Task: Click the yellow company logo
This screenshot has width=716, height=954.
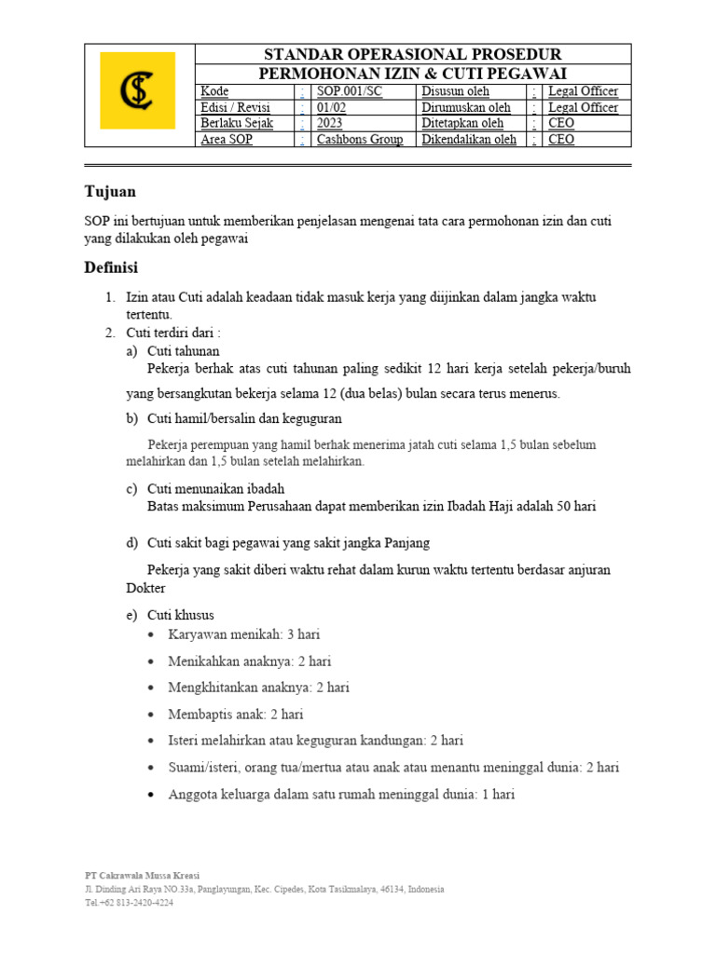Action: [138, 90]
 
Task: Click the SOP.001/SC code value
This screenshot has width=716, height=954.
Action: [349, 91]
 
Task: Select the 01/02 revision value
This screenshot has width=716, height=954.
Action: [330, 107]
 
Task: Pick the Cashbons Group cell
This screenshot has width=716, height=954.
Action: [360, 140]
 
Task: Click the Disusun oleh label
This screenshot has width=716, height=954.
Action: [455, 91]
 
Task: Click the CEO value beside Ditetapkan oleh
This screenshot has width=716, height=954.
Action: [561, 123]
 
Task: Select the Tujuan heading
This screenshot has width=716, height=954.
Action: [110, 192]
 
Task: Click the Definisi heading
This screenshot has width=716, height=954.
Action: [111, 268]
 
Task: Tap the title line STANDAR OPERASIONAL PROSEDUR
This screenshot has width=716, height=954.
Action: [413, 54]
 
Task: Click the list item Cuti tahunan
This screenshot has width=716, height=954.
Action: [184, 350]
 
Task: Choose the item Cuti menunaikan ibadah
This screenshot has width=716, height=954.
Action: [216, 488]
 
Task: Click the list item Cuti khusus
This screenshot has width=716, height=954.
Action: [181, 615]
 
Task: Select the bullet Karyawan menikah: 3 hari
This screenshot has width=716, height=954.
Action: [244, 634]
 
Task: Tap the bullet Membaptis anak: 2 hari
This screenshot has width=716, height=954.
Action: [236, 715]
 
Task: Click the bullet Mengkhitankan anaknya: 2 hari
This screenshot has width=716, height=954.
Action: [259, 688]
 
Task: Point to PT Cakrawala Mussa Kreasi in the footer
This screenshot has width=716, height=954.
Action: [142, 876]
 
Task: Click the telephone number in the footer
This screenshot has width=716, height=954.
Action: [129, 903]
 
